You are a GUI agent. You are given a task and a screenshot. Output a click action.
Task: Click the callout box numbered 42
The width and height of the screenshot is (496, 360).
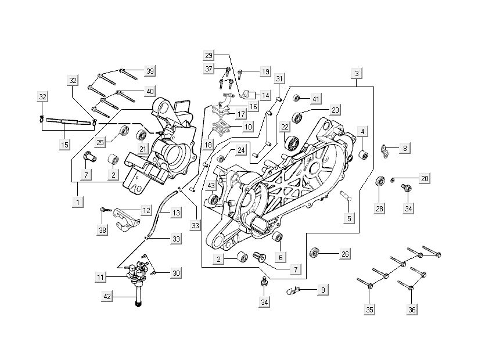tap(106, 297)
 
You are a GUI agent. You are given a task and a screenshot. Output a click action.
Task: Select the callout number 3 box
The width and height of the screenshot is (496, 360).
tap(357, 73)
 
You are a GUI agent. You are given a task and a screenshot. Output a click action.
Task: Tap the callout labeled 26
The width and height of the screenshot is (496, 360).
tap(345, 254)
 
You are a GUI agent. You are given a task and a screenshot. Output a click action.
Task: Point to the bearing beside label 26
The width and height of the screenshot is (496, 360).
tap(316, 253)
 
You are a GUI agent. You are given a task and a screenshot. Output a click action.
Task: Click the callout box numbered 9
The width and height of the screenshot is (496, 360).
tap(323, 288)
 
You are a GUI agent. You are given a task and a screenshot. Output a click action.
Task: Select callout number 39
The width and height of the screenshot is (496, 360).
tap(150, 71)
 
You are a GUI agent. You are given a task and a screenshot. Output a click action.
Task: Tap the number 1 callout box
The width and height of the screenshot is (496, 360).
tap(76, 202)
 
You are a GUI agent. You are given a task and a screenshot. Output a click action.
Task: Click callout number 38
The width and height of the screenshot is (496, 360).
tap(103, 230)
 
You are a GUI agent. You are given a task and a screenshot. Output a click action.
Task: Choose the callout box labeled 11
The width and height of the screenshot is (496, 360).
tap(101, 278)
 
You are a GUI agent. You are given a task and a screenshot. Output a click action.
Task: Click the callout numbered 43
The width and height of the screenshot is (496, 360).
tap(211, 186)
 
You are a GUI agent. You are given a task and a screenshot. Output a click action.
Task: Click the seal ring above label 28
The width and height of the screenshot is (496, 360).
tap(382, 181)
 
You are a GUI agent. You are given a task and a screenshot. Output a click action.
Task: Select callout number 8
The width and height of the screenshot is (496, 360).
tap(404, 148)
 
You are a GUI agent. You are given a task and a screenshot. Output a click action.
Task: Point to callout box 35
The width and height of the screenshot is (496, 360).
tap(369, 310)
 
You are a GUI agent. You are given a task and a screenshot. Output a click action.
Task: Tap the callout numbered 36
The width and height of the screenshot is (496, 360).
tap(411, 310)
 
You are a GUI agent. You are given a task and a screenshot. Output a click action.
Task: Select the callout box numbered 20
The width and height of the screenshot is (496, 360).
tap(425, 178)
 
